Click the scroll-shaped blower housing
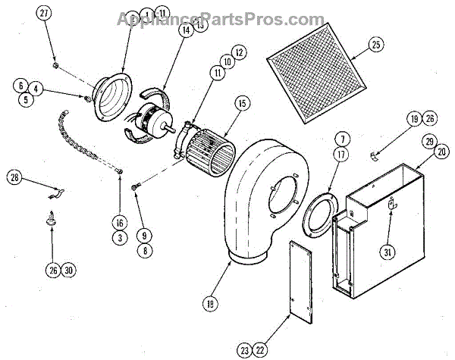tap(257, 197)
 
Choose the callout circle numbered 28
tap(14, 179)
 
